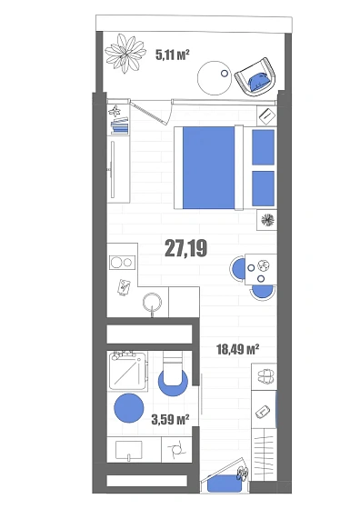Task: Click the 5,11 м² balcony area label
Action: click(x=173, y=55)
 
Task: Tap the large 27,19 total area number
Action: click(x=186, y=248)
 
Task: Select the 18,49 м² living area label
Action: click(x=237, y=349)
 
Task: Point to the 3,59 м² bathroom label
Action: click(x=170, y=419)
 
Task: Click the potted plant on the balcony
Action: click(x=125, y=53)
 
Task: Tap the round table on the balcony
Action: click(x=215, y=78)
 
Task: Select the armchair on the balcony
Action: click(x=255, y=77)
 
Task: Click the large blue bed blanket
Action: click(x=208, y=167)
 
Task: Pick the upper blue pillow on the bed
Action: click(x=264, y=147)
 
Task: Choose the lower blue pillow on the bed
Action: click(x=264, y=188)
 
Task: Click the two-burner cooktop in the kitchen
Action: click(x=122, y=262)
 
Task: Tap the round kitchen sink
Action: click(x=152, y=302)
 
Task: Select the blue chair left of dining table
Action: click(x=238, y=269)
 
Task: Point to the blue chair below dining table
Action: click(x=263, y=292)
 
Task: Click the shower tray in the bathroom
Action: click(x=127, y=371)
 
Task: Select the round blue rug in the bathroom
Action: click(x=129, y=408)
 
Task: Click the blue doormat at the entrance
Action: click(x=225, y=484)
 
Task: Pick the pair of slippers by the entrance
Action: click(x=265, y=376)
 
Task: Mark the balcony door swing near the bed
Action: click(x=151, y=111)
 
